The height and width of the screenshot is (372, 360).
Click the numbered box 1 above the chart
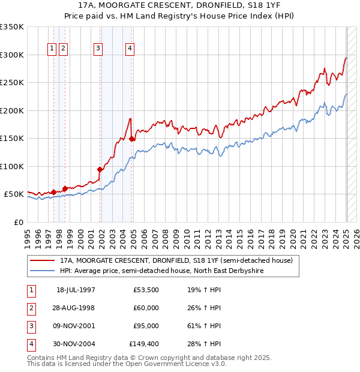52,49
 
